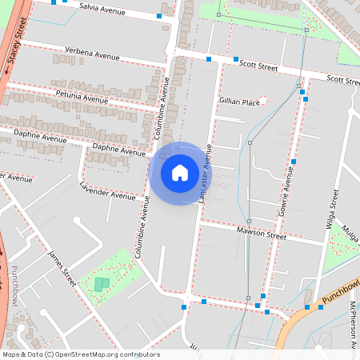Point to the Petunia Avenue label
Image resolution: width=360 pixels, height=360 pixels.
(x=82, y=97)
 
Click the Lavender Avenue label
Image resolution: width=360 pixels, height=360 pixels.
(x=108, y=190)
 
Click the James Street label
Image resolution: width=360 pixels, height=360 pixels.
(x=62, y=268)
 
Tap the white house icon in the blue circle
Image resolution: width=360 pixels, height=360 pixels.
(x=179, y=172)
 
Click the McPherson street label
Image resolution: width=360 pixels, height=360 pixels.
(x=352, y=329)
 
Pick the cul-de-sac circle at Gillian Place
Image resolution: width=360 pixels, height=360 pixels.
(x=263, y=99)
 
